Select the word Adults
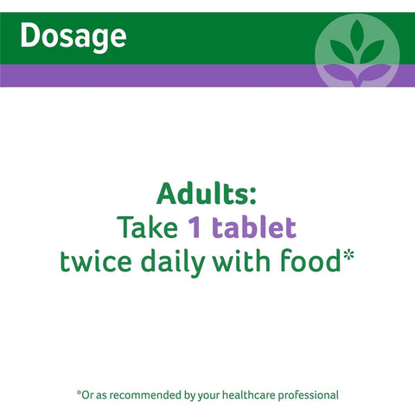(x=202, y=194)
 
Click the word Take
(x=147, y=227)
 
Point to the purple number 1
(x=195, y=227)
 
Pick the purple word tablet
(x=254, y=227)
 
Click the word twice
(x=96, y=261)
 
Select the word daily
(x=173, y=263)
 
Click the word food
(x=310, y=260)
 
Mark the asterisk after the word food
(x=348, y=256)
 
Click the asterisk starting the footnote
(x=79, y=393)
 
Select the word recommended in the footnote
(x=146, y=395)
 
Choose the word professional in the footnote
(x=309, y=395)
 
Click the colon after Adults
(x=252, y=197)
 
